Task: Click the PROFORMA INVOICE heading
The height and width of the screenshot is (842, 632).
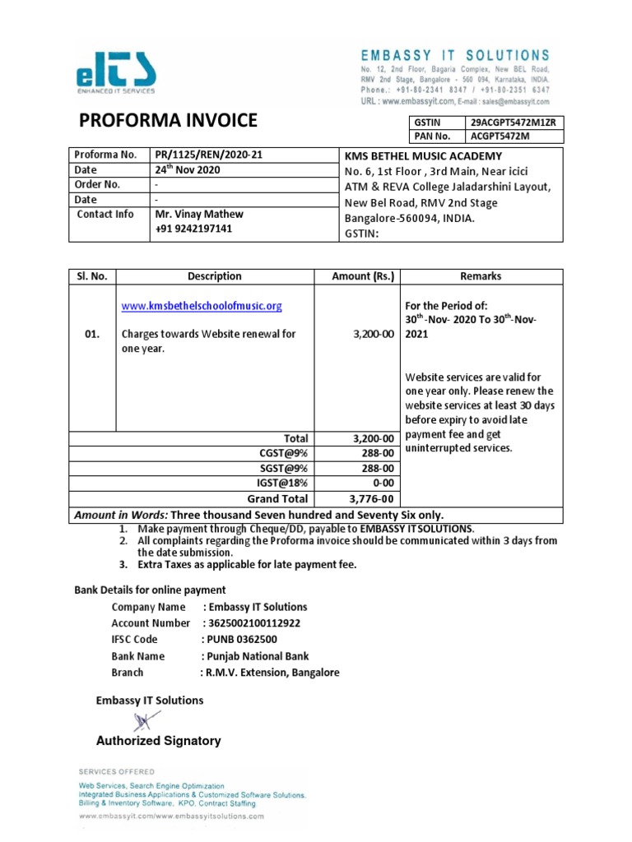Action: click(167, 122)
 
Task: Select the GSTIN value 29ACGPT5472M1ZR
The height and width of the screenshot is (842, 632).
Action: click(513, 122)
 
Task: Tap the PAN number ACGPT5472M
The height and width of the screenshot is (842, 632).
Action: click(500, 136)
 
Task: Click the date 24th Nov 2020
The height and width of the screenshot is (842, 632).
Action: click(188, 170)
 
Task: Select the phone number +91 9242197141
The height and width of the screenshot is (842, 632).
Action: click(193, 229)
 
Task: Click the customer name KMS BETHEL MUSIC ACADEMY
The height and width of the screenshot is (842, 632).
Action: click(422, 156)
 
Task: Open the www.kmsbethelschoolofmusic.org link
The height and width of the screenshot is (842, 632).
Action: click(202, 306)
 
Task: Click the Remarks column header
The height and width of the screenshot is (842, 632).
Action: click(481, 276)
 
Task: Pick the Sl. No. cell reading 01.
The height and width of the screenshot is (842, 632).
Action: click(92, 335)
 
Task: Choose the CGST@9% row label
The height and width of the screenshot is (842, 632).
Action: click(285, 454)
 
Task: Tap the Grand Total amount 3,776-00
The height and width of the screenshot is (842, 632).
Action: click(372, 498)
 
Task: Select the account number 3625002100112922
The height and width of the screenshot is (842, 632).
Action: click(252, 623)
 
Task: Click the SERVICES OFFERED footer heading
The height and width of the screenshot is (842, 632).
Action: click(116, 772)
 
